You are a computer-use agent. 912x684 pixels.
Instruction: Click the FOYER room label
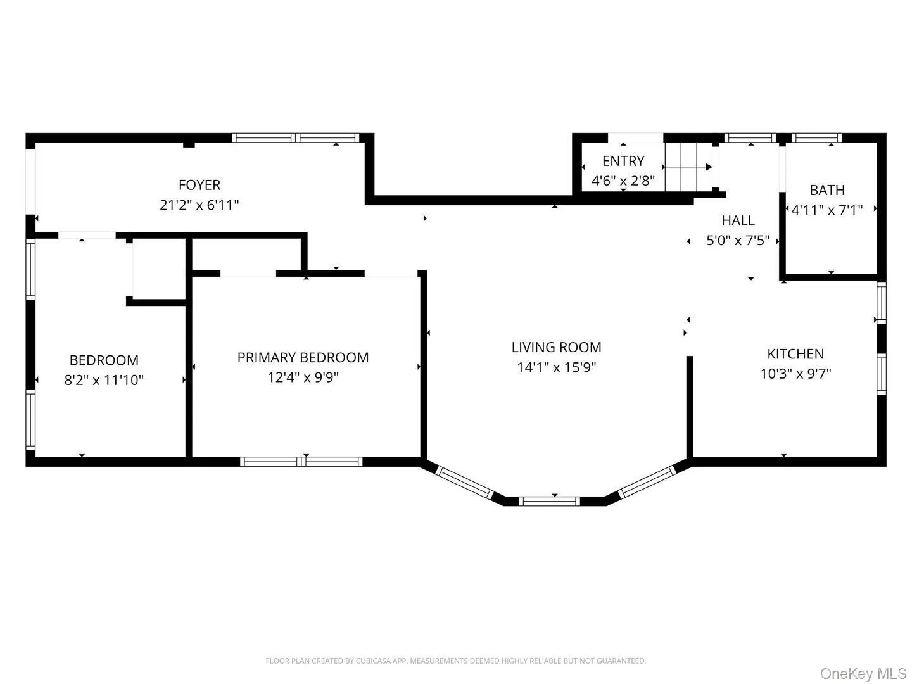tap(199, 185)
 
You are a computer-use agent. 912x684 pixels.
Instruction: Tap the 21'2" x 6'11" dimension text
tap(199, 205)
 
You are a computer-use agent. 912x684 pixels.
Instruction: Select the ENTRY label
tap(623, 161)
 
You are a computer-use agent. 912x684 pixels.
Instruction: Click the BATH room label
tap(827, 190)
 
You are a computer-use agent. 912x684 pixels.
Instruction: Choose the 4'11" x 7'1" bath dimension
tap(827, 210)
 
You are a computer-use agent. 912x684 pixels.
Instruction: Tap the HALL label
tap(738, 220)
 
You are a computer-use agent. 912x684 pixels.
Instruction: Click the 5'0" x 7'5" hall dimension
tap(738, 241)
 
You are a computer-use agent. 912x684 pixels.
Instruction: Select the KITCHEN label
tap(795, 354)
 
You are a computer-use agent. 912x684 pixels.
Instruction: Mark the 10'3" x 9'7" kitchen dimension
tap(795, 374)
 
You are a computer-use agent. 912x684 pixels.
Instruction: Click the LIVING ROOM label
tap(556, 347)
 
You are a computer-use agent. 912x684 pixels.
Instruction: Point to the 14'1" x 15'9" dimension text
tap(556, 367)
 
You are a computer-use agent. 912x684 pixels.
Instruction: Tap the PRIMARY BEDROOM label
tap(303, 357)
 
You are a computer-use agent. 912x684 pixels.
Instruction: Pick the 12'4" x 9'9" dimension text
tap(303, 377)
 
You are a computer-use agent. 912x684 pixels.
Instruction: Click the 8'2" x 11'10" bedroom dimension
tap(104, 380)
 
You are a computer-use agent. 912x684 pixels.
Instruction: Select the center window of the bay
tap(549, 501)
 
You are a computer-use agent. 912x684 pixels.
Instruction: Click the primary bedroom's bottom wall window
tap(301, 462)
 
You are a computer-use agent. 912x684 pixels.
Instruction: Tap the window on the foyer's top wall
tap(295, 137)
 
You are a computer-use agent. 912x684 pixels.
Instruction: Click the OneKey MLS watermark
tap(864, 673)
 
